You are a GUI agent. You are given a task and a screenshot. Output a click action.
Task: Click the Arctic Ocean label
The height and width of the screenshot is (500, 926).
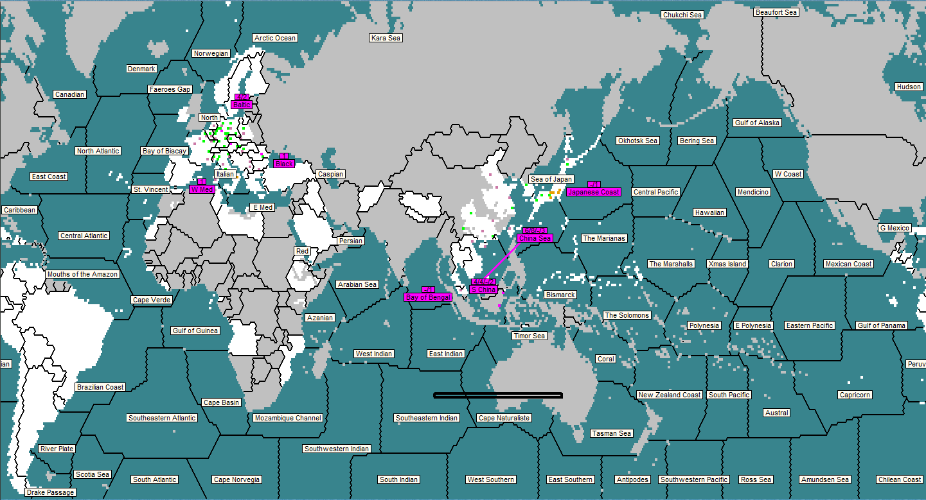[x=275, y=38]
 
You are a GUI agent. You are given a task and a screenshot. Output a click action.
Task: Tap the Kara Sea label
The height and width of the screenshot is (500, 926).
[x=386, y=38]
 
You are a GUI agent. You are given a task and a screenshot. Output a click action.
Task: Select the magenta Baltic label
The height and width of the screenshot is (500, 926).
[x=242, y=105]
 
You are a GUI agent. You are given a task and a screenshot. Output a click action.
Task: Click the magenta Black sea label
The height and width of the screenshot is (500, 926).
[x=284, y=164]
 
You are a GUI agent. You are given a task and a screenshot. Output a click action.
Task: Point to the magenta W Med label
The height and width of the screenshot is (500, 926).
[x=202, y=189]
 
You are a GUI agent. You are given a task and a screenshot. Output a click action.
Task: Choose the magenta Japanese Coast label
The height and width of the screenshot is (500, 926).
[x=594, y=192]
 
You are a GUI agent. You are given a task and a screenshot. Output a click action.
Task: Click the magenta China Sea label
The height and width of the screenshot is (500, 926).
[x=535, y=238]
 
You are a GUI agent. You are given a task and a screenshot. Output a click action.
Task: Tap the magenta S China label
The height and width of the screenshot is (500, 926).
[x=483, y=289]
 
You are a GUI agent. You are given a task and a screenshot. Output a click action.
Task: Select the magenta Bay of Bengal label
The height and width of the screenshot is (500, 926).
[x=428, y=297]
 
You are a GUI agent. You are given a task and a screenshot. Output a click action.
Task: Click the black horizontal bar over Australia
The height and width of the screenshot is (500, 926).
[x=498, y=395]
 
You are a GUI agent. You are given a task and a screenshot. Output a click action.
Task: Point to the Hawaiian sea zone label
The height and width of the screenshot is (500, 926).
[x=709, y=212]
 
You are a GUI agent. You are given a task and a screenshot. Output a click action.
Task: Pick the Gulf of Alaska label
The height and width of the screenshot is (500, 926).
[x=758, y=123]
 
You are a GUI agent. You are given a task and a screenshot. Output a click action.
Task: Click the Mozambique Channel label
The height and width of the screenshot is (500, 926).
[x=288, y=418]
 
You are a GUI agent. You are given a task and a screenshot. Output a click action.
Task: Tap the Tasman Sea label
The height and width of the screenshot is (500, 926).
[x=612, y=433]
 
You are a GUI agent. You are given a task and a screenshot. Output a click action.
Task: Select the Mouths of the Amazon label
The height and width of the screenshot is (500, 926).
[x=82, y=274]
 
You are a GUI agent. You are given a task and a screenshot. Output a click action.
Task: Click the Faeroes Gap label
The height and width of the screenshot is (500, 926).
[x=170, y=89]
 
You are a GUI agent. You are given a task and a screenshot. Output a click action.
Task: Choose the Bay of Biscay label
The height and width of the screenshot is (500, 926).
[x=165, y=151]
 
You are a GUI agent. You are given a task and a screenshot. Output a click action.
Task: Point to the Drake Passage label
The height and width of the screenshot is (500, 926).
[x=51, y=492]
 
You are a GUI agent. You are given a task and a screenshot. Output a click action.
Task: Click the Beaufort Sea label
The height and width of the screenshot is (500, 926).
[x=776, y=12]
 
